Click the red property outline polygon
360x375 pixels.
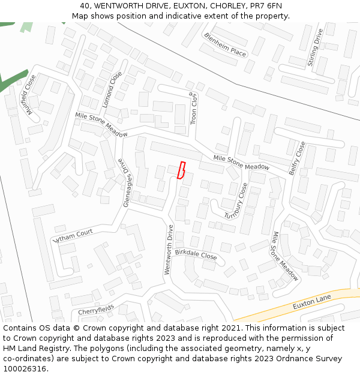pos(181,170)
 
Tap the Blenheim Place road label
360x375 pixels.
pos(225,44)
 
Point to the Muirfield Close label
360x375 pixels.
pos(28,92)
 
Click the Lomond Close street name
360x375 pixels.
pos(112,89)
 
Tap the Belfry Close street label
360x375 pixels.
pos(297,158)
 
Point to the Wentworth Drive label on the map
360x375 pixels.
pos(169,250)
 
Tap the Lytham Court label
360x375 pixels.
pos(73,235)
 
